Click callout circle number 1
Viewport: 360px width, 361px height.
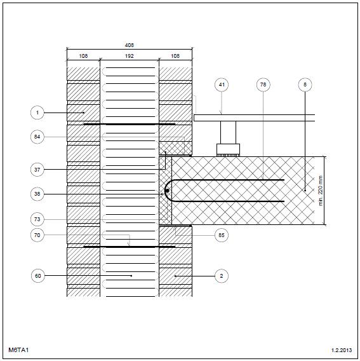[37, 112]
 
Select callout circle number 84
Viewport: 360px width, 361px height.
[37, 137]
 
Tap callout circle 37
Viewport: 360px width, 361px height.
[37, 170]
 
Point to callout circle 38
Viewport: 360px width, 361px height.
[37, 194]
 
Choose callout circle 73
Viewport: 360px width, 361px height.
[37, 219]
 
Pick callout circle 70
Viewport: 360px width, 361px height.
[37, 235]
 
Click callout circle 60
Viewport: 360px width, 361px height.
[38, 276]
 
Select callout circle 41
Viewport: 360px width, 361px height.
[222, 85]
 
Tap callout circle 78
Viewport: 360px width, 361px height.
[263, 85]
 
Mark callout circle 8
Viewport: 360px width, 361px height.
[305, 85]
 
